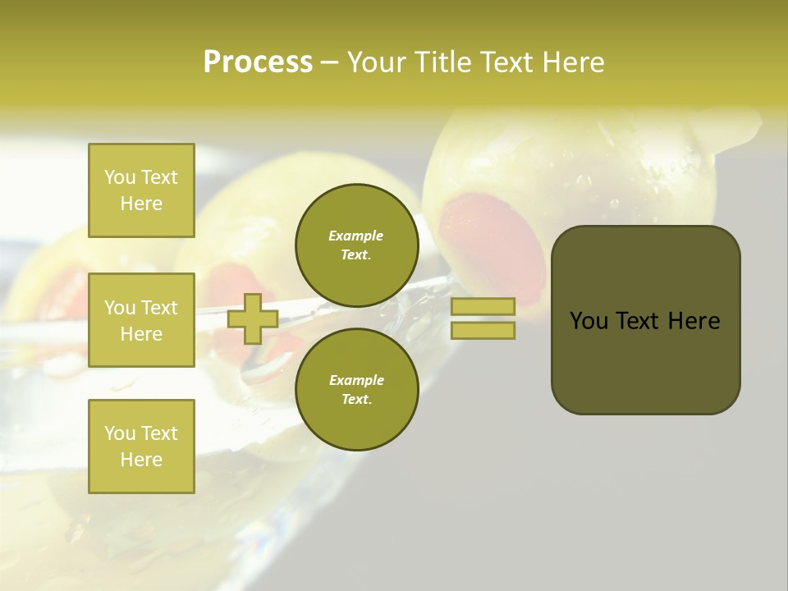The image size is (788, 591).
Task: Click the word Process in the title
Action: click(x=258, y=62)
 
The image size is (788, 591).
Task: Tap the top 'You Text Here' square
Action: click(x=141, y=190)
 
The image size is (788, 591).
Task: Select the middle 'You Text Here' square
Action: click(x=141, y=320)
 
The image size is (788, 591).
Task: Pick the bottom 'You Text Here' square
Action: click(x=141, y=447)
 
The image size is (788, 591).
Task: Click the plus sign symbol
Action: click(x=253, y=318)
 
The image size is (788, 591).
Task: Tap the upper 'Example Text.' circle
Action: click(x=356, y=245)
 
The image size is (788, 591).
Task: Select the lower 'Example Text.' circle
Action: click(x=356, y=389)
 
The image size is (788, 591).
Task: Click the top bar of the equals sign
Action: click(x=483, y=306)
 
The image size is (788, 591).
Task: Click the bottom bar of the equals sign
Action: click(x=483, y=331)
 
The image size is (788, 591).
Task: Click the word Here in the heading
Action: click(x=571, y=62)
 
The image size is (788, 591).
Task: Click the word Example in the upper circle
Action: click(x=356, y=236)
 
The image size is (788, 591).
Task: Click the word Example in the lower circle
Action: click(x=356, y=380)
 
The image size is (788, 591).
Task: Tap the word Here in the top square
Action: click(x=141, y=204)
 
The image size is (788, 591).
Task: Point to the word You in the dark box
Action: click(x=589, y=321)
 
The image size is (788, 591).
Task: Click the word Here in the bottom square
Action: click(x=141, y=460)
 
